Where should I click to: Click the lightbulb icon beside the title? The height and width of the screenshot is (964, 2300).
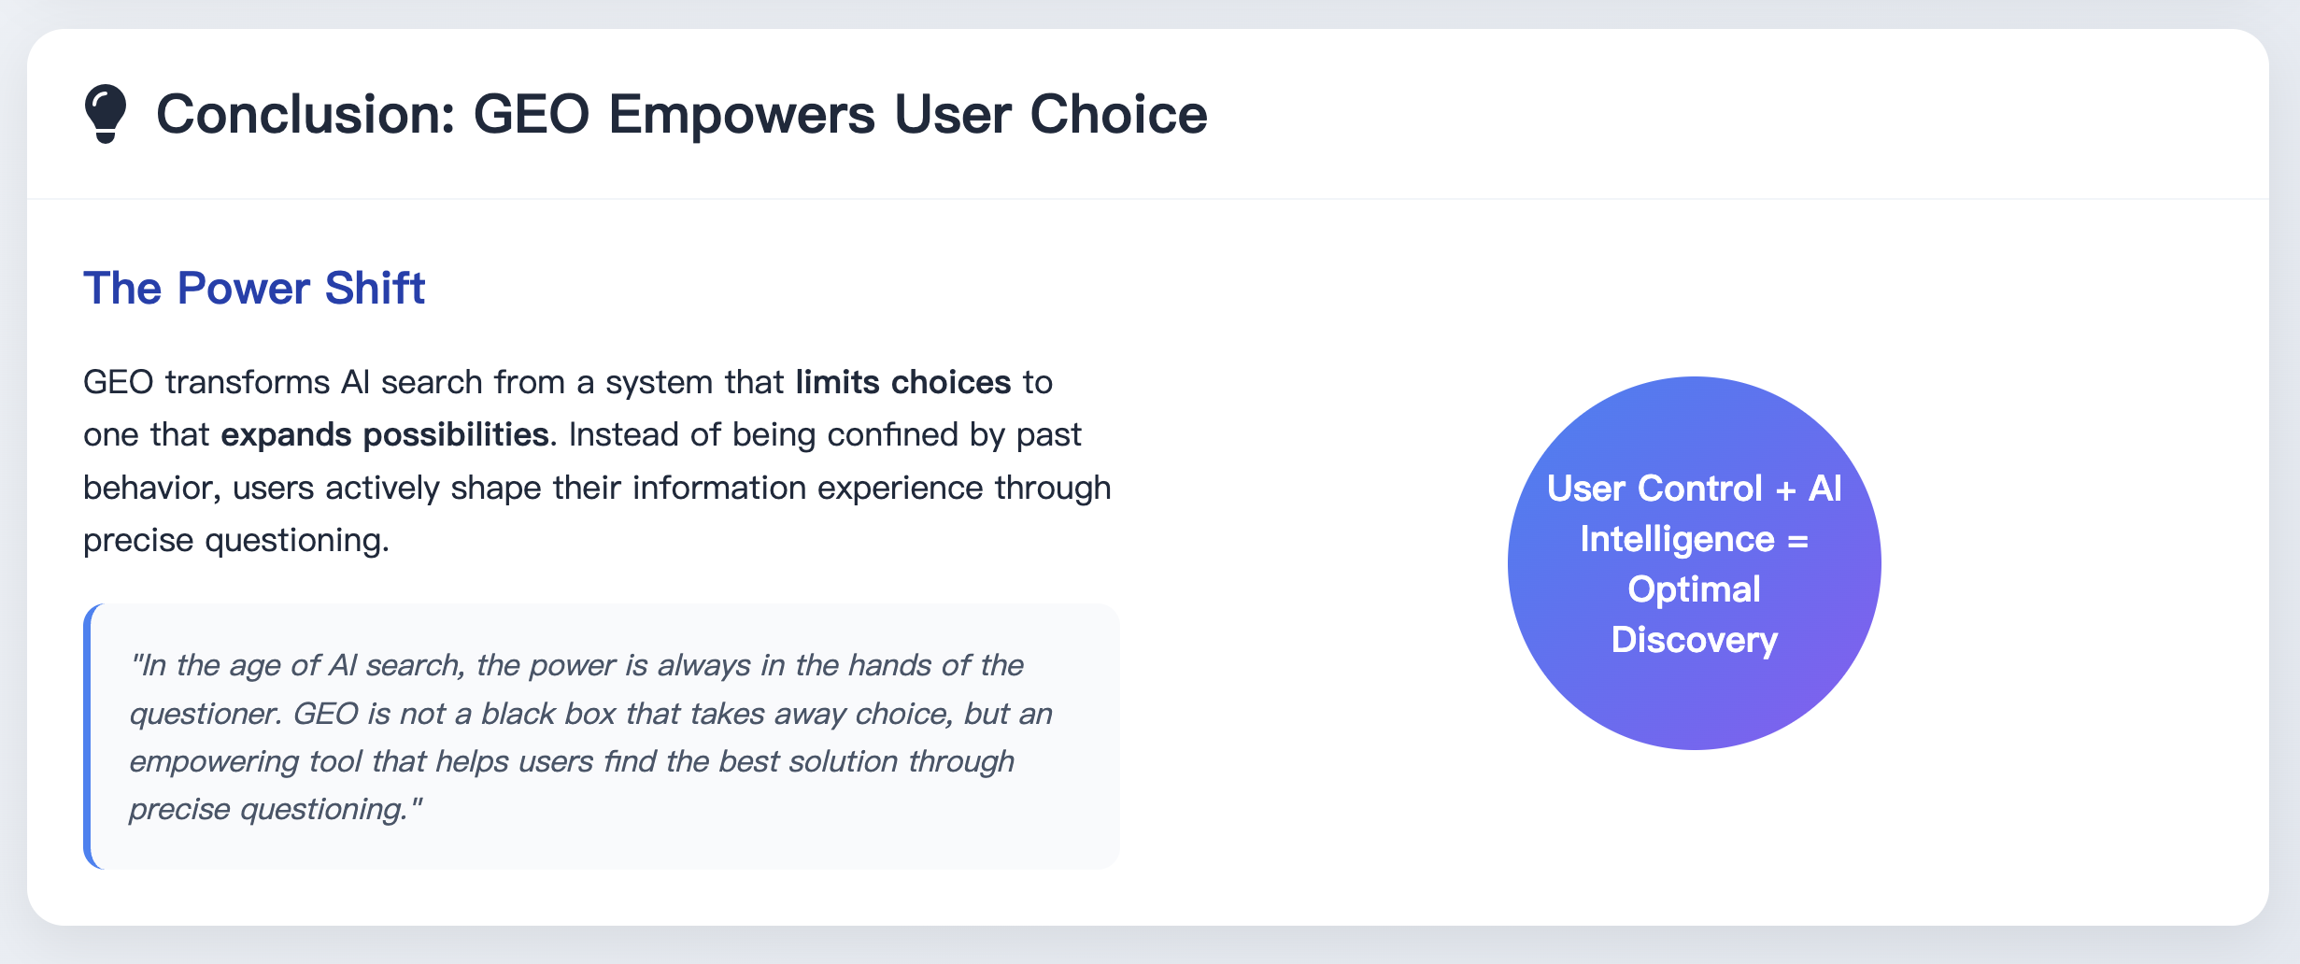click(105, 113)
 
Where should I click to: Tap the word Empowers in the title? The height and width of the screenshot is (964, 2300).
click(742, 114)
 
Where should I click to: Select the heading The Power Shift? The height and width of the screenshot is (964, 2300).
click(254, 288)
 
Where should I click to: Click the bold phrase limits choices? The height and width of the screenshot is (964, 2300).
click(902, 382)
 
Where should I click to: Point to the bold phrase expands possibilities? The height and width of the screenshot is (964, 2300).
click(384, 434)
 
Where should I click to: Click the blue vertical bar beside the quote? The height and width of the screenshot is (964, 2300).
click(88, 736)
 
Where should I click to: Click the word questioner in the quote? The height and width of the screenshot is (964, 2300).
click(205, 714)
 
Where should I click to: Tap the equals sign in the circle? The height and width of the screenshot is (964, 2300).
click(1797, 541)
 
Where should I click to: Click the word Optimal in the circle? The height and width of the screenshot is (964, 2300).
click(1694, 589)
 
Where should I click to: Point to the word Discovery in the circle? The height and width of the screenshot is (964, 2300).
click(1694, 640)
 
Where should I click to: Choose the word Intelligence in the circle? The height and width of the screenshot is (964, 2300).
click(1677, 539)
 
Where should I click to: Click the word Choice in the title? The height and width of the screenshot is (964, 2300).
click(1118, 114)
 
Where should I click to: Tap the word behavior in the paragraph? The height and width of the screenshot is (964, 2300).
click(149, 488)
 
